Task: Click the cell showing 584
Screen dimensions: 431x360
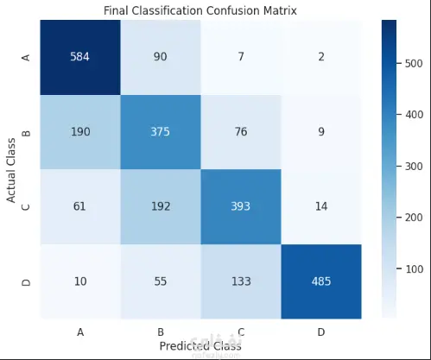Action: coord(80,57)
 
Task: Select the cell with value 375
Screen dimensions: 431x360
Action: coord(161,132)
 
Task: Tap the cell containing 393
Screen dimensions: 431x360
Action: coord(241,207)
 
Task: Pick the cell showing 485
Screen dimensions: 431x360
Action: coord(321,281)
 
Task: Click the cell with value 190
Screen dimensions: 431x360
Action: coord(80,132)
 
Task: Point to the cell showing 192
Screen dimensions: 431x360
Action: coord(161,207)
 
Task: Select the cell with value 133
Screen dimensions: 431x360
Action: coord(241,281)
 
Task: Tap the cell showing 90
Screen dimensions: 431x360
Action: coord(161,57)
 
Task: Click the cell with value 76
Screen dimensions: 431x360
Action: coord(241,132)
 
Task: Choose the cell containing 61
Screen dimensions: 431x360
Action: coord(80,207)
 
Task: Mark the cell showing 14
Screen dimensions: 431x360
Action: coord(321,207)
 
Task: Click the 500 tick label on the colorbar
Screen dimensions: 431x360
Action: coord(414,63)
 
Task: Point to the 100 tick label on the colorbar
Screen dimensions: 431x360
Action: coord(414,269)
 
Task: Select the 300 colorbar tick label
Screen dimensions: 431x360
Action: coord(414,167)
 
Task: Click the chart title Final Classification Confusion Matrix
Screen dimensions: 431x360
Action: coord(200,10)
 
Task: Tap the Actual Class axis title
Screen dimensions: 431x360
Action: coord(11,170)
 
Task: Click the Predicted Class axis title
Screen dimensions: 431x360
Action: coord(200,346)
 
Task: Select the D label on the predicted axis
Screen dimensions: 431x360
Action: coord(321,332)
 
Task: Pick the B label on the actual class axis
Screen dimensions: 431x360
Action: coord(26,133)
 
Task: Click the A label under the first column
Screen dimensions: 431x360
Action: coord(80,332)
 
